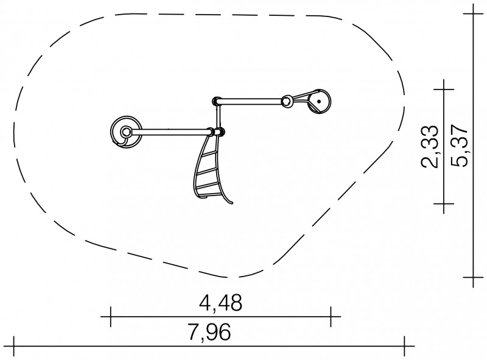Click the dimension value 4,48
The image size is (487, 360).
(x=220, y=303)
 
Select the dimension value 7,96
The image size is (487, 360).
(x=209, y=333)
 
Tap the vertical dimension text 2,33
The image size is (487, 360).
(x=430, y=146)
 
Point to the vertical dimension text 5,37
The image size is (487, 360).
(x=459, y=146)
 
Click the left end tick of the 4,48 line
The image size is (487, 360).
(x=111, y=317)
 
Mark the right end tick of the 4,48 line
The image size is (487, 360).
(x=331, y=317)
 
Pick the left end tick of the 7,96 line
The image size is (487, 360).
(x=13, y=346)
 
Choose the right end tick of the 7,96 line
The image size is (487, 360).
(x=404, y=346)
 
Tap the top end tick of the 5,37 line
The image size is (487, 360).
(x=474, y=13)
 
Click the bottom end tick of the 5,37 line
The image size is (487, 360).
(x=474, y=277)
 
